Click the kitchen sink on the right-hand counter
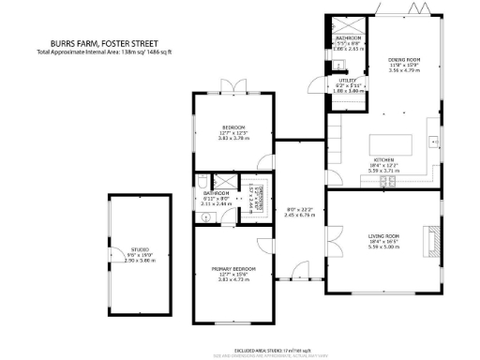click(x=434, y=141)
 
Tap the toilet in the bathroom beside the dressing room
click(x=202, y=183)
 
